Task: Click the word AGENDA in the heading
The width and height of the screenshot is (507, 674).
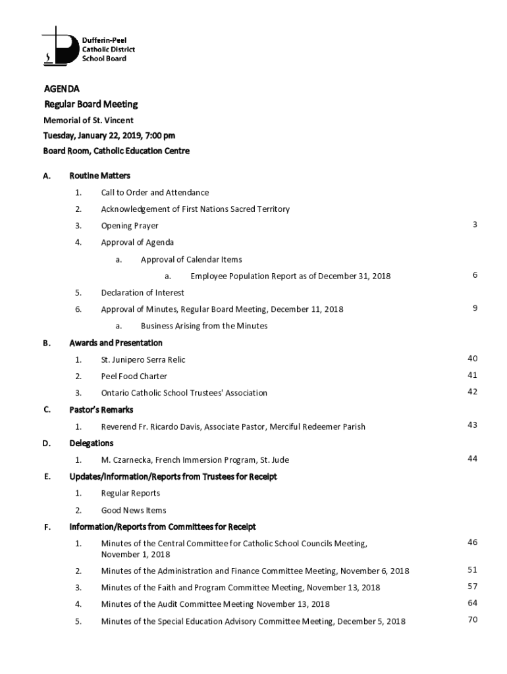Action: click(62, 88)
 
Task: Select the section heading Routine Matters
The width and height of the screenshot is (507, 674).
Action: click(99, 176)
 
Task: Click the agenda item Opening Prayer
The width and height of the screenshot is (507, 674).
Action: click(130, 226)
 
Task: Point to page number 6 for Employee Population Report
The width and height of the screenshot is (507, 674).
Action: click(474, 275)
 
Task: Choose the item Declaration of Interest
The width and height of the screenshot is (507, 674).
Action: click(142, 292)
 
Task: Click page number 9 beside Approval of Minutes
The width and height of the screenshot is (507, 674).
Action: click(474, 308)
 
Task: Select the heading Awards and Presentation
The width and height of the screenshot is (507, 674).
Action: click(115, 343)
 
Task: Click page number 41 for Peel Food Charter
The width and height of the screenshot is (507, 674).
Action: click(472, 375)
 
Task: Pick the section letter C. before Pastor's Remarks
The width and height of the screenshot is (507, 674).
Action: click(47, 409)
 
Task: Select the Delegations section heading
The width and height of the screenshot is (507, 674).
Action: click(91, 443)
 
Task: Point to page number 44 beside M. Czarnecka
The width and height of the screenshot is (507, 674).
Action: click(472, 459)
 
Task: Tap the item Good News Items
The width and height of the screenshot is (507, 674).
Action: click(133, 510)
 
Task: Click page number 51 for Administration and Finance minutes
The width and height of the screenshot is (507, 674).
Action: click(472, 570)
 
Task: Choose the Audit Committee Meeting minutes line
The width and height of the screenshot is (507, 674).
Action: click(215, 604)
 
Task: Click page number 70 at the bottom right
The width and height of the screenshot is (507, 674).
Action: click(472, 619)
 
